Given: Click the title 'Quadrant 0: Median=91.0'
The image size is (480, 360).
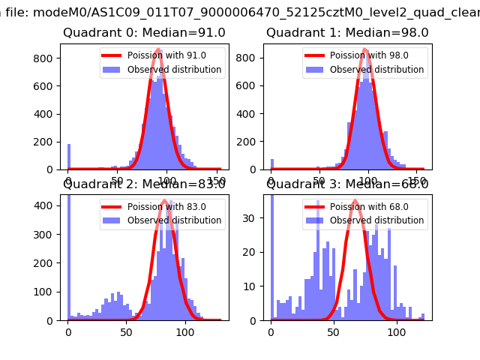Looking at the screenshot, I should pyautogui.click(x=144, y=33).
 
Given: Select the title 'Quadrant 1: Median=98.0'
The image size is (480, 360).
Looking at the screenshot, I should pyautogui.click(x=347, y=33).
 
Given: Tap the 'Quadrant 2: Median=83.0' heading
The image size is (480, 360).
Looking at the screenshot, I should pyautogui.click(x=144, y=184).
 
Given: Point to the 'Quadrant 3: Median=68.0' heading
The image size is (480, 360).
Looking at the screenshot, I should pyautogui.click(x=347, y=184).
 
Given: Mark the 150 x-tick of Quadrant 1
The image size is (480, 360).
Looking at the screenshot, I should pyautogui.click(x=417, y=181).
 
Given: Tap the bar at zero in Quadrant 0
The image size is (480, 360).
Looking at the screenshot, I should pyautogui.click(x=68, y=157).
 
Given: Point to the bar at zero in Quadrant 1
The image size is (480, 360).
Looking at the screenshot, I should pyautogui.click(x=271, y=164).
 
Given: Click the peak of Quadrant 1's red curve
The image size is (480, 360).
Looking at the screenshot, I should pyautogui.click(x=365, y=49).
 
